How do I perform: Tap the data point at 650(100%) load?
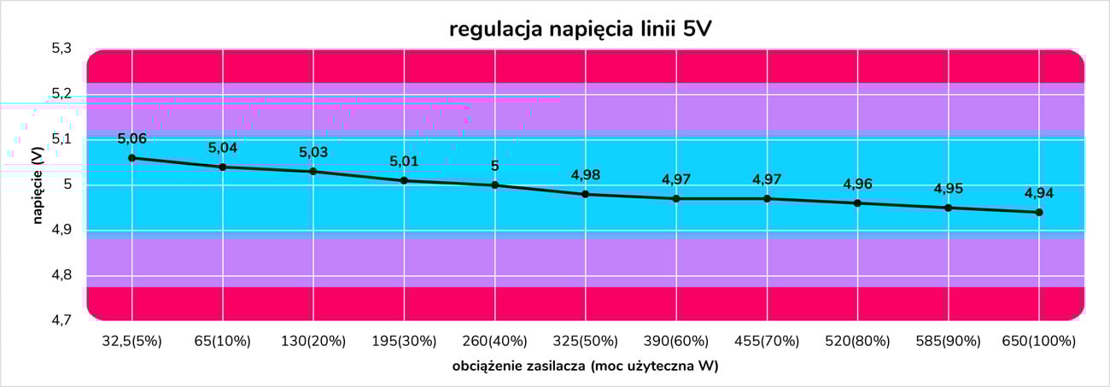(x=1039, y=212)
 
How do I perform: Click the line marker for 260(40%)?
(x=494, y=185)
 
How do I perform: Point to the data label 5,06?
(x=131, y=138)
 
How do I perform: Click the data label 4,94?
(x=1039, y=193)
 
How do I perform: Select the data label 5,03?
(x=313, y=152)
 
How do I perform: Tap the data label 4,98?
(x=586, y=175)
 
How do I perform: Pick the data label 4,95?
(x=949, y=189)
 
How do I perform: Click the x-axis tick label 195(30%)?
(x=404, y=341)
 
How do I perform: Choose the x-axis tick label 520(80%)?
(x=857, y=341)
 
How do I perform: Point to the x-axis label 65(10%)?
(x=223, y=341)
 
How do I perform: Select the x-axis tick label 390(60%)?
(x=676, y=341)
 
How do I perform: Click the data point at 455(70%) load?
(x=767, y=198)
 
